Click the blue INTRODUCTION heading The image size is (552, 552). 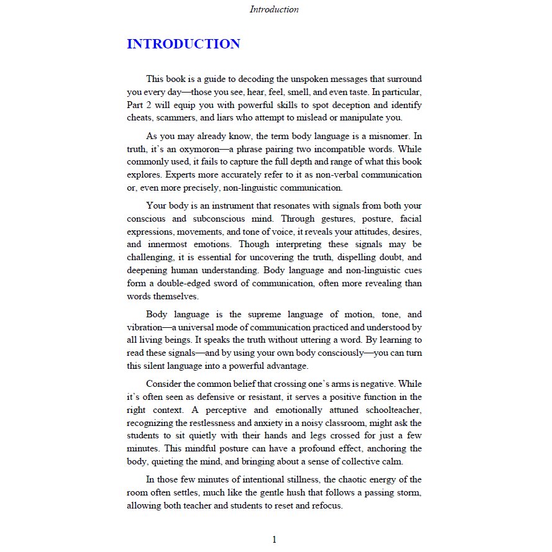tap(183, 44)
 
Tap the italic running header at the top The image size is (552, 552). tap(274, 9)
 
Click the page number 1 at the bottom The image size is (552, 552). tap(274, 539)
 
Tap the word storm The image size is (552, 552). tap(410, 492)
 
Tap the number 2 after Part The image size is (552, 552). tap(147, 105)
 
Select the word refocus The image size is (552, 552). tap(324, 505)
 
